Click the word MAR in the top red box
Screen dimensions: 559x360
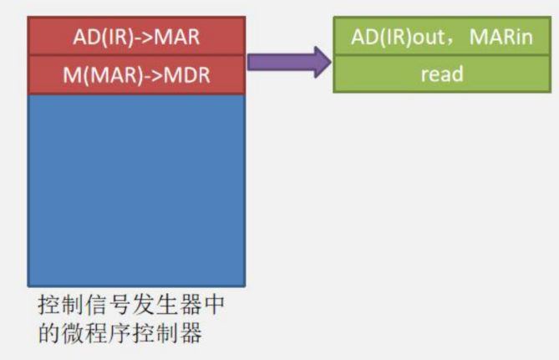(177, 37)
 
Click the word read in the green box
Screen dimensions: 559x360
(442, 74)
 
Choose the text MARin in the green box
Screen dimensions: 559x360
(501, 37)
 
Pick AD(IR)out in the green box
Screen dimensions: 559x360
(399, 38)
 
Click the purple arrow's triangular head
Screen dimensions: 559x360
(323, 62)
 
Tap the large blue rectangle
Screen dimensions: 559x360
(136, 190)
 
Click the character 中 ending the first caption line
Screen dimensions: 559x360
(214, 305)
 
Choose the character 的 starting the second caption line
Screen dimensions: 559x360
(48, 332)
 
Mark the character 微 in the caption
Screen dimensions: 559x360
(72, 332)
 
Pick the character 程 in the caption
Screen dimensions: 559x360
(95, 332)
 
